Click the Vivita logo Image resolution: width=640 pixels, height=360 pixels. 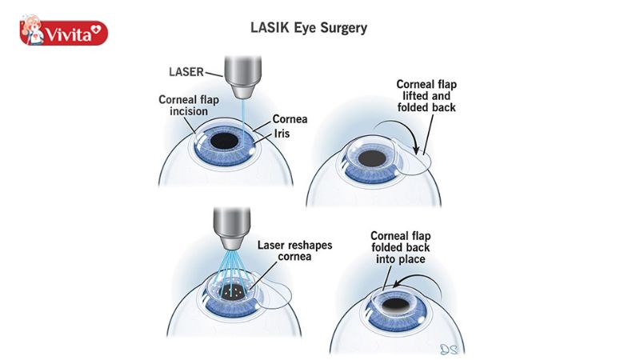(63, 33)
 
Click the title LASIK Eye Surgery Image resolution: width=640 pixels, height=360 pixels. (309, 28)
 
